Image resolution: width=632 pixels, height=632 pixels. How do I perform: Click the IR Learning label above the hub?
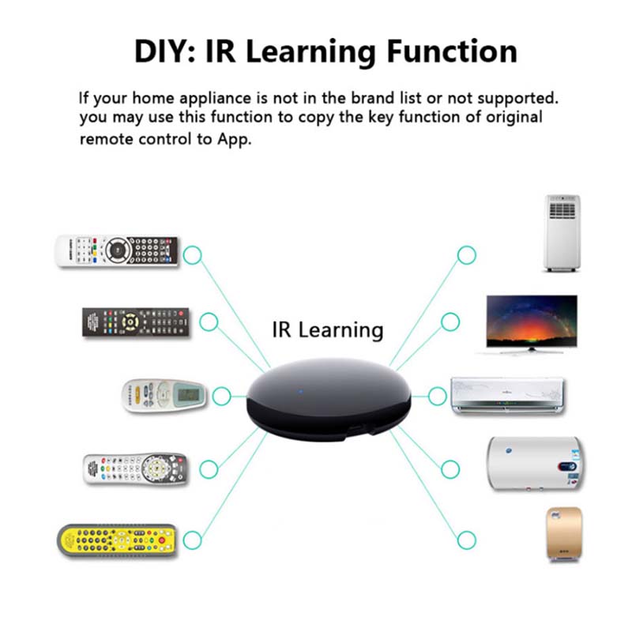(x=327, y=329)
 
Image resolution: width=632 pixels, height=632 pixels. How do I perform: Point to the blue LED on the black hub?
(x=301, y=389)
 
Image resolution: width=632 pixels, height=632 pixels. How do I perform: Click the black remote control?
(x=137, y=323)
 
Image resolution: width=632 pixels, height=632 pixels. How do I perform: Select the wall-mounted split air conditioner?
(x=509, y=394)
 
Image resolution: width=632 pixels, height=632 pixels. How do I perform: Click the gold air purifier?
(x=563, y=536)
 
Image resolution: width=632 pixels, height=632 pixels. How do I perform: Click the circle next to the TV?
(x=450, y=322)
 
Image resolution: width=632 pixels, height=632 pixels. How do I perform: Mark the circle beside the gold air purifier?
(x=467, y=540)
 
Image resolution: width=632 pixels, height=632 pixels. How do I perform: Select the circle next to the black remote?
(x=209, y=322)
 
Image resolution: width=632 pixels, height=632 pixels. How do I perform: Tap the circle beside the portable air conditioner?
(x=467, y=254)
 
